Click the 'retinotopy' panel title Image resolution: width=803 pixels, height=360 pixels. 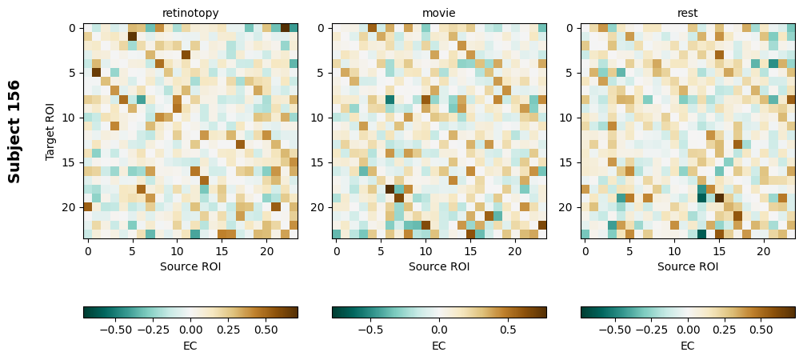(x=190, y=13)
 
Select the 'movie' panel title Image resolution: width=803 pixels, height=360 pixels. (x=439, y=13)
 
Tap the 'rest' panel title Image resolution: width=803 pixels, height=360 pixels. (x=688, y=13)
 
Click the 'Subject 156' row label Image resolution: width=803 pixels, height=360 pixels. (x=14, y=131)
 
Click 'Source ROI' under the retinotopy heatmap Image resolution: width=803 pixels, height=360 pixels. (x=190, y=266)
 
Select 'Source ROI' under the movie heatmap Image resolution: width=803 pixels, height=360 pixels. (x=439, y=266)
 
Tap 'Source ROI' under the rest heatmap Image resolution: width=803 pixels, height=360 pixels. (x=688, y=266)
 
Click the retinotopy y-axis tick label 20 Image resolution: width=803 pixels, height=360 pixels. (x=70, y=207)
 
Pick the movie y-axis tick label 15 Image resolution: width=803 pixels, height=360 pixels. (x=318, y=162)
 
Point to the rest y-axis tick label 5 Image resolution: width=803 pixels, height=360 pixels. (x=570, y=73)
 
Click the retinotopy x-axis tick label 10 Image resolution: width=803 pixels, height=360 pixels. (x=177, y=252)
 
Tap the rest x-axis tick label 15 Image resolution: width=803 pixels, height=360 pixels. (x=719, y=252)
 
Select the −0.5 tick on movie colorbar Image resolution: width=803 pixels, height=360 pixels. (x=370, y=329)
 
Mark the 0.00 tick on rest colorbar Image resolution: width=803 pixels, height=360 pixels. (x=688, y=329)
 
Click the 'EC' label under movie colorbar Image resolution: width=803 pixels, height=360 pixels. (x=439, y=346)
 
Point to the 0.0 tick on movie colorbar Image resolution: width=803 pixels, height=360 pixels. (x=439, y=329)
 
